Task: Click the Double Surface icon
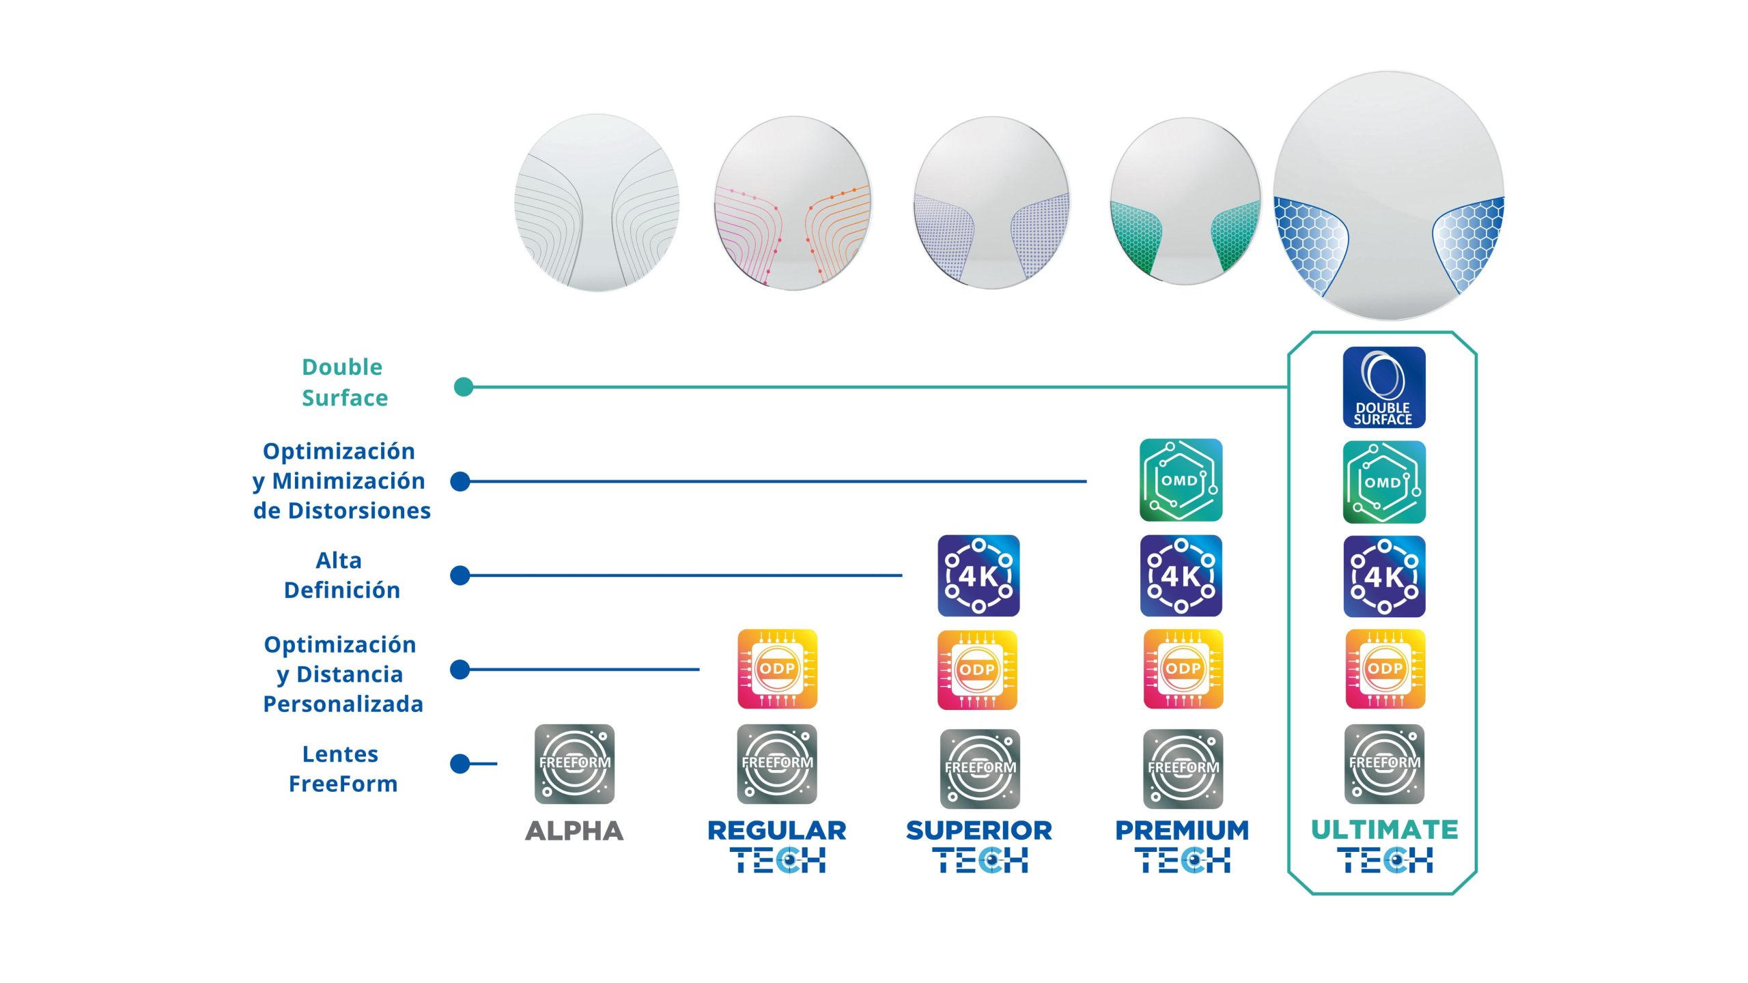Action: coord(1383,387)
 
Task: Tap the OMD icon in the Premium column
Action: coord(1181,480)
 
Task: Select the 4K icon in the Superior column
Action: coord(978,575)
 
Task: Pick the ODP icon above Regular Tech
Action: coord(777,669)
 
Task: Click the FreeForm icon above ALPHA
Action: coord(574,764)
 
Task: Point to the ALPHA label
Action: coord(574,831)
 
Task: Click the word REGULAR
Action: coord(777,830)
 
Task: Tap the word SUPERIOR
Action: coord(978,830)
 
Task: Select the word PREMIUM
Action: coord(1181,830)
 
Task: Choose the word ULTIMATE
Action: coord(1384,829)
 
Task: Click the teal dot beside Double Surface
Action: coord(464,387)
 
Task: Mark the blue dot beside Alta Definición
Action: coord(461,575)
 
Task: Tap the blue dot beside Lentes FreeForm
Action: coord(461,763)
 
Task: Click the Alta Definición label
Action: coord(341,575)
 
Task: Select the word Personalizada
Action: coord(343,704)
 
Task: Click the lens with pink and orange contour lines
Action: coord(793,203)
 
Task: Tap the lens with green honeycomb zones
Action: coord(1185,201)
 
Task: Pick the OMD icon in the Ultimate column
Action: coord(1383,482)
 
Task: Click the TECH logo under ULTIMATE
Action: coord(1384,860)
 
